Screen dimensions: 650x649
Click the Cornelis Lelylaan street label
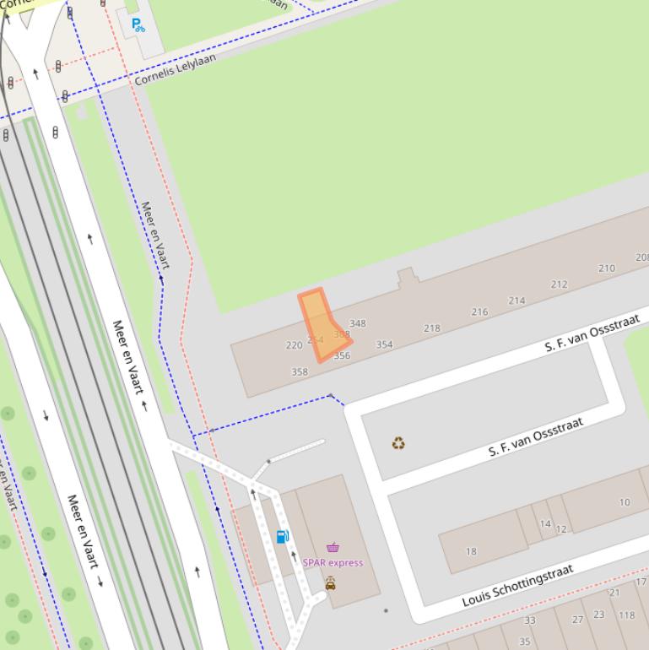pyautogui.click(x=175, y=69)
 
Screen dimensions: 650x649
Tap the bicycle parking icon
pyautogui.click(x=138, y=25)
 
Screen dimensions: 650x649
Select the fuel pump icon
pyautogui.click(x=283, y=536)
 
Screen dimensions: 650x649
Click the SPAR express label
pyautogui.click(x=333, y=562)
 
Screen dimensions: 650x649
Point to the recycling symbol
pyautogui.click(x=398, y=443)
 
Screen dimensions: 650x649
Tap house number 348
pyautogui.click(x=358, y=323)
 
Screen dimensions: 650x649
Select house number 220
pyautogui.click(x=294, y=345)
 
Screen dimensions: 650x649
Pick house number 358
pyautogui.click(x=300, y=371)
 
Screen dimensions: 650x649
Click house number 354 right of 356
pyautogui.click(x=384, y=344)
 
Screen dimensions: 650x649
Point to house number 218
pyautogui.click(x=432, y=328)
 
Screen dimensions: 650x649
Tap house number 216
pyautogui.click(x=479, y=312)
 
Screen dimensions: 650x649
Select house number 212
pyautogui.click(x=559, y=284)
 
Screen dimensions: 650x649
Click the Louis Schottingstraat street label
pyautogui.click(x=517, y=586)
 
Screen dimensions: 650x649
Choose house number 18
pyautogui.click(x=471, y=551)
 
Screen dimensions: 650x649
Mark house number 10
pyautogui.click(x=625, y=502)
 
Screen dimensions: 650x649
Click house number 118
pyautogui.click(x=626, y=615)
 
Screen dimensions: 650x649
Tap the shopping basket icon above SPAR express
pyautogui.click(x=333, y=547)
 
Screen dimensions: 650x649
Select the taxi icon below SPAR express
pyautogui.click(x=330, y=583)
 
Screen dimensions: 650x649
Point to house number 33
pyautogui.click(x=530, y=620)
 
